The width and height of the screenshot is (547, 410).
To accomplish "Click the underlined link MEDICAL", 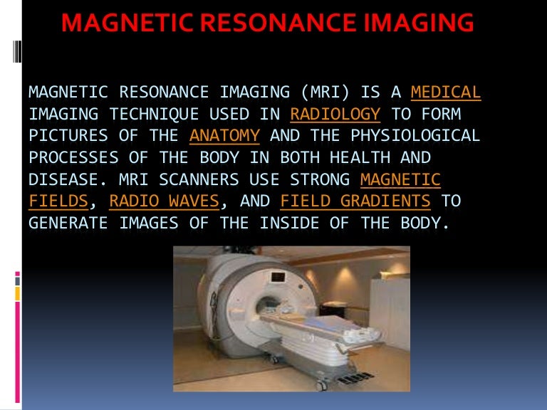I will pos(446,92).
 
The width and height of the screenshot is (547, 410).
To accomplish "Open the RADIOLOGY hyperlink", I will pos(335,114).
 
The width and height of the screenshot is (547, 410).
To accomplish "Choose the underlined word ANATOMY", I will pos(224,135).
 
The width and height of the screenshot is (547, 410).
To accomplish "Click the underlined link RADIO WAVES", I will pos(165,201).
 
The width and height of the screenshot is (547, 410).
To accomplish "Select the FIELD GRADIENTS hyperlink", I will pos(355,201).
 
